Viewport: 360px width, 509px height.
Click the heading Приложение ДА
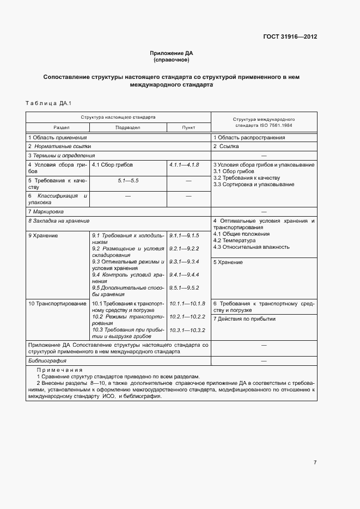[172, 53]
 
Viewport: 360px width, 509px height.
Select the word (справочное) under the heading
[172, 59]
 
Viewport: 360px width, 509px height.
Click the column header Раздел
[57, 127]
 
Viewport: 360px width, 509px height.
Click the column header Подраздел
[128, 127]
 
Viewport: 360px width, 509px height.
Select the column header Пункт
[188, 127]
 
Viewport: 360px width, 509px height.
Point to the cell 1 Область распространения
[249, 138]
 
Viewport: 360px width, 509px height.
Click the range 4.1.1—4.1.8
[184, 164]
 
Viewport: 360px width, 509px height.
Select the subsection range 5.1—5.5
[128, 180]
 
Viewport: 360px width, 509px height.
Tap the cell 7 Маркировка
[46, 211]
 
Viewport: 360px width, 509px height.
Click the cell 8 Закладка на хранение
[58, 221]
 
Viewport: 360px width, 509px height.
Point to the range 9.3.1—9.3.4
[184, 262]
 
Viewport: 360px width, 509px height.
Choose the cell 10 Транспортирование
[57, 303]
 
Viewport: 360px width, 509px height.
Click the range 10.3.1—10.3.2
[187, 330]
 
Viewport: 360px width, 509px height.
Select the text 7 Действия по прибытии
[245, 319]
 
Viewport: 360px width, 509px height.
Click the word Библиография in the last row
[47, 361]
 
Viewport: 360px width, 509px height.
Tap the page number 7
[315, 463]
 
